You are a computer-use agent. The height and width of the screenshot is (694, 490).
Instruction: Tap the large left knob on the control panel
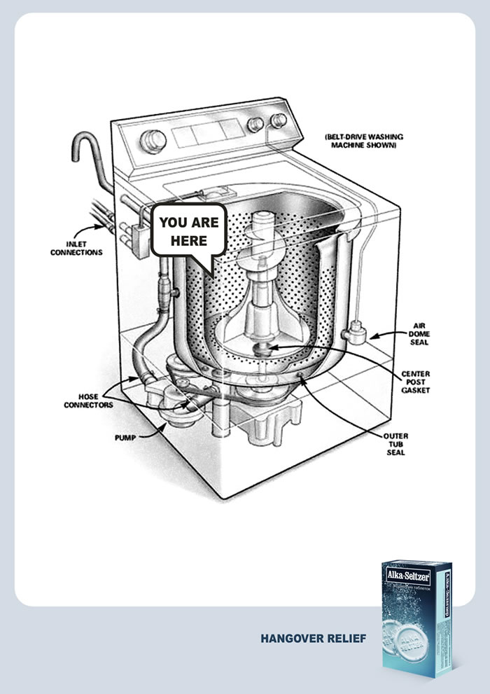pos(150,141)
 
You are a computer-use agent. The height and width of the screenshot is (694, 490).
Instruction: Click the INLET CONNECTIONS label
pos(76,247)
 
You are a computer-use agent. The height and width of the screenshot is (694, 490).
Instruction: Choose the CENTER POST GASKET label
pos(416,381)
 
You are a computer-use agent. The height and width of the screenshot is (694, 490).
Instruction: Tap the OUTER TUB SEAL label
pos(395,444)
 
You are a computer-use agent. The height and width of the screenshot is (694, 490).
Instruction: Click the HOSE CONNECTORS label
pos(87,401)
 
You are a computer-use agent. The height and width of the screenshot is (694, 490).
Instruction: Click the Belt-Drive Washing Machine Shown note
pos(365,141)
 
